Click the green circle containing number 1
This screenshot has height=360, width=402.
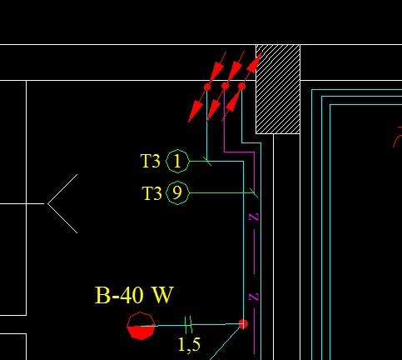178,160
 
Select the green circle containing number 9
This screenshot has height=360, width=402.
178,193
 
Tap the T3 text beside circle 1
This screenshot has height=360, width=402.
151,160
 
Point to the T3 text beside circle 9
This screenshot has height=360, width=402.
151,193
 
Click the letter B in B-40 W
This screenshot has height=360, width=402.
104,295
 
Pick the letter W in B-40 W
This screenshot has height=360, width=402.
162,295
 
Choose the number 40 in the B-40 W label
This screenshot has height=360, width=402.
131,295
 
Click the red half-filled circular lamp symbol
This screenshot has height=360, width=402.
141,326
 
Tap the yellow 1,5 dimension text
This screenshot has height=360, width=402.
189,342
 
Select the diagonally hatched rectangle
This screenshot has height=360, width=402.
278,88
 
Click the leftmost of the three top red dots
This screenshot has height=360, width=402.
207,87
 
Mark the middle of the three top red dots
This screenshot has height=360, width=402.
225,86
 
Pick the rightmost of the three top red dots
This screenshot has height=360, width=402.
242,86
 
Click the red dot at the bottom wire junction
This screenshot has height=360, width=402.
243,323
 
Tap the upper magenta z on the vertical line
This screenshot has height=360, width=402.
255,217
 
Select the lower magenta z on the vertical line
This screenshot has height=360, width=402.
255,297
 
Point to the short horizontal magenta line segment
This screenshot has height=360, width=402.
239,152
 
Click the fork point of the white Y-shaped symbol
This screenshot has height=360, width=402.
47,202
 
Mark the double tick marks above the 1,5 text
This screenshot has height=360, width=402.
188,322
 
